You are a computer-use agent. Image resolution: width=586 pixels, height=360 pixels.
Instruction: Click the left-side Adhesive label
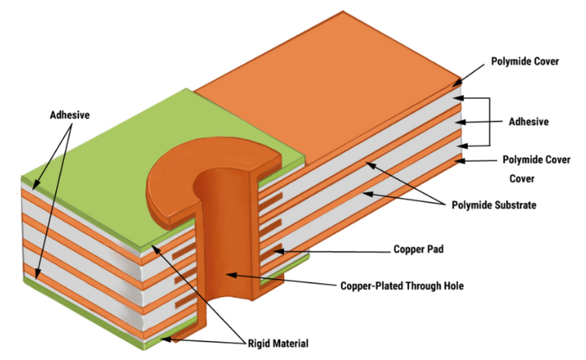point(70,117)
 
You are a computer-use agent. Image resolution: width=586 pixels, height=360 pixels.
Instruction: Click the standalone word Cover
point(522,178)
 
